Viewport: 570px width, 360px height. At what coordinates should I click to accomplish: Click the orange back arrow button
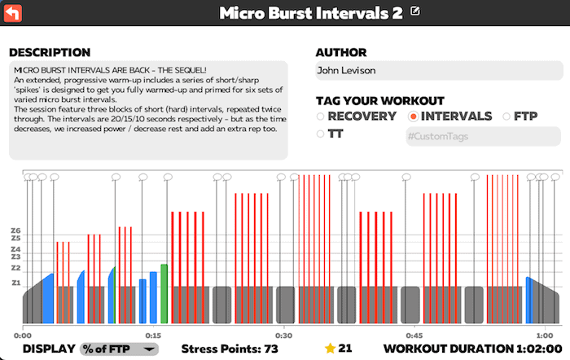coord(13,12)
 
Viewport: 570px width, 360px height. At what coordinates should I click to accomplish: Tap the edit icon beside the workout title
coord(416,11)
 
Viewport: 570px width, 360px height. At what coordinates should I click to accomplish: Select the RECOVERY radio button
coord(321,116)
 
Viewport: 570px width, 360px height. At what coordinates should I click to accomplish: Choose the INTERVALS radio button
coord(414,116)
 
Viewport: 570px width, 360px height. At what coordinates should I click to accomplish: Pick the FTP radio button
coord(507,116)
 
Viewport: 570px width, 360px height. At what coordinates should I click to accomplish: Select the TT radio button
coord(321,134)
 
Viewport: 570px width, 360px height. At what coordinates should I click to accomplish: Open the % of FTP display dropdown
coord(120,349)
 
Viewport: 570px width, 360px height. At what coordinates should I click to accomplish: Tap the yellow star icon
coord(330,349)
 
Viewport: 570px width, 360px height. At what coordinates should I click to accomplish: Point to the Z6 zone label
coord(15,230)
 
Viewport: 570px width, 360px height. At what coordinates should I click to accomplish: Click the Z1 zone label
coord(15,283)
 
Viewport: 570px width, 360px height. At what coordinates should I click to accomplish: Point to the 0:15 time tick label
coord(152,335)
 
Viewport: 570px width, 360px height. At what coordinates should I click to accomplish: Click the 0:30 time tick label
coord(283,335)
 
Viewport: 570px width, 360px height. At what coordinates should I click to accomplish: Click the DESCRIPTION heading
coord(50,53)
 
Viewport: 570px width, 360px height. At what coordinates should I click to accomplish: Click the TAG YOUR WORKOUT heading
coord(380,101)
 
